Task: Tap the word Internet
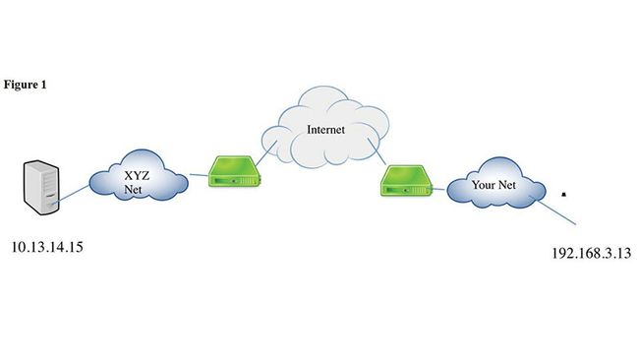pyautogui.click(x=326, y=129)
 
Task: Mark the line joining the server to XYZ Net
pyautogui.click(x=74, y=198)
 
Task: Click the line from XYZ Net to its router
pyautogui.click(x=198, y=178)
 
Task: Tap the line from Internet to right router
pyautogui.click(x=378, y=156)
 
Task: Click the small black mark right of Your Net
pyautogui.click(x=563, y=194)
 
